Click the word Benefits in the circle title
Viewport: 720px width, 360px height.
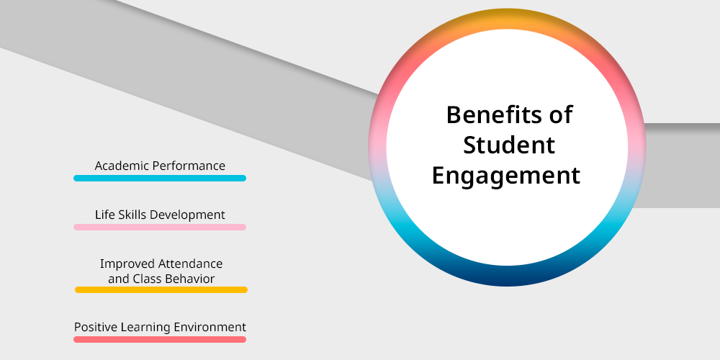[493, 114]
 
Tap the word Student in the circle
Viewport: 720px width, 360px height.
[509, 145]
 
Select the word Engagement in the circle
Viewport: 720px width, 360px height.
[506, 176]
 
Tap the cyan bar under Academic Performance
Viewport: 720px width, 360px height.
[160, 178]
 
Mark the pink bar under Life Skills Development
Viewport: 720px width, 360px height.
[160, 227]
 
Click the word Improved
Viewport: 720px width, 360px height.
[127, 264]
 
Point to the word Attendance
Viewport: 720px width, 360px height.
[191, 264]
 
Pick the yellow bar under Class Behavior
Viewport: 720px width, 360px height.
[161, 289]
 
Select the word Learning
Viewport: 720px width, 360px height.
[141, 328]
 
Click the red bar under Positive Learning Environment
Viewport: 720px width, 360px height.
[160, 339]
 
